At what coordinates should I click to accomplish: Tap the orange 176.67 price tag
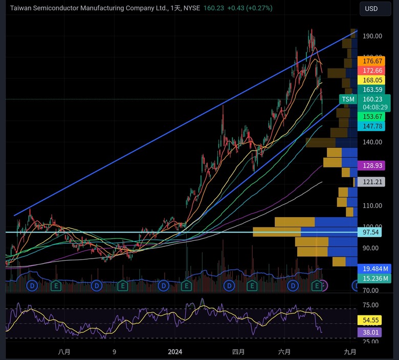pos(373,61)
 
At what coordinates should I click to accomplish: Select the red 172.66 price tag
pos(373,71)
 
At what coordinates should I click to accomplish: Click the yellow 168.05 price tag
pos(373,80)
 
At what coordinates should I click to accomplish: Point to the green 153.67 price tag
pos(373,117)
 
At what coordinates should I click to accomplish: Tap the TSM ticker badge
pos(348,99)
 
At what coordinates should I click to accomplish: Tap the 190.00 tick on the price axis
pos(373,36)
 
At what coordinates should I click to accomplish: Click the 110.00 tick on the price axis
pos(373,205)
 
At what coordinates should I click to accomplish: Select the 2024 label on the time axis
pos(175,352)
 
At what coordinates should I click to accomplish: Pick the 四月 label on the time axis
pos(238,352)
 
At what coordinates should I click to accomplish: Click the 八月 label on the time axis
pos(64,352)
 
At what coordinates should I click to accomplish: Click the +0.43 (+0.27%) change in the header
pos(248,8)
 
